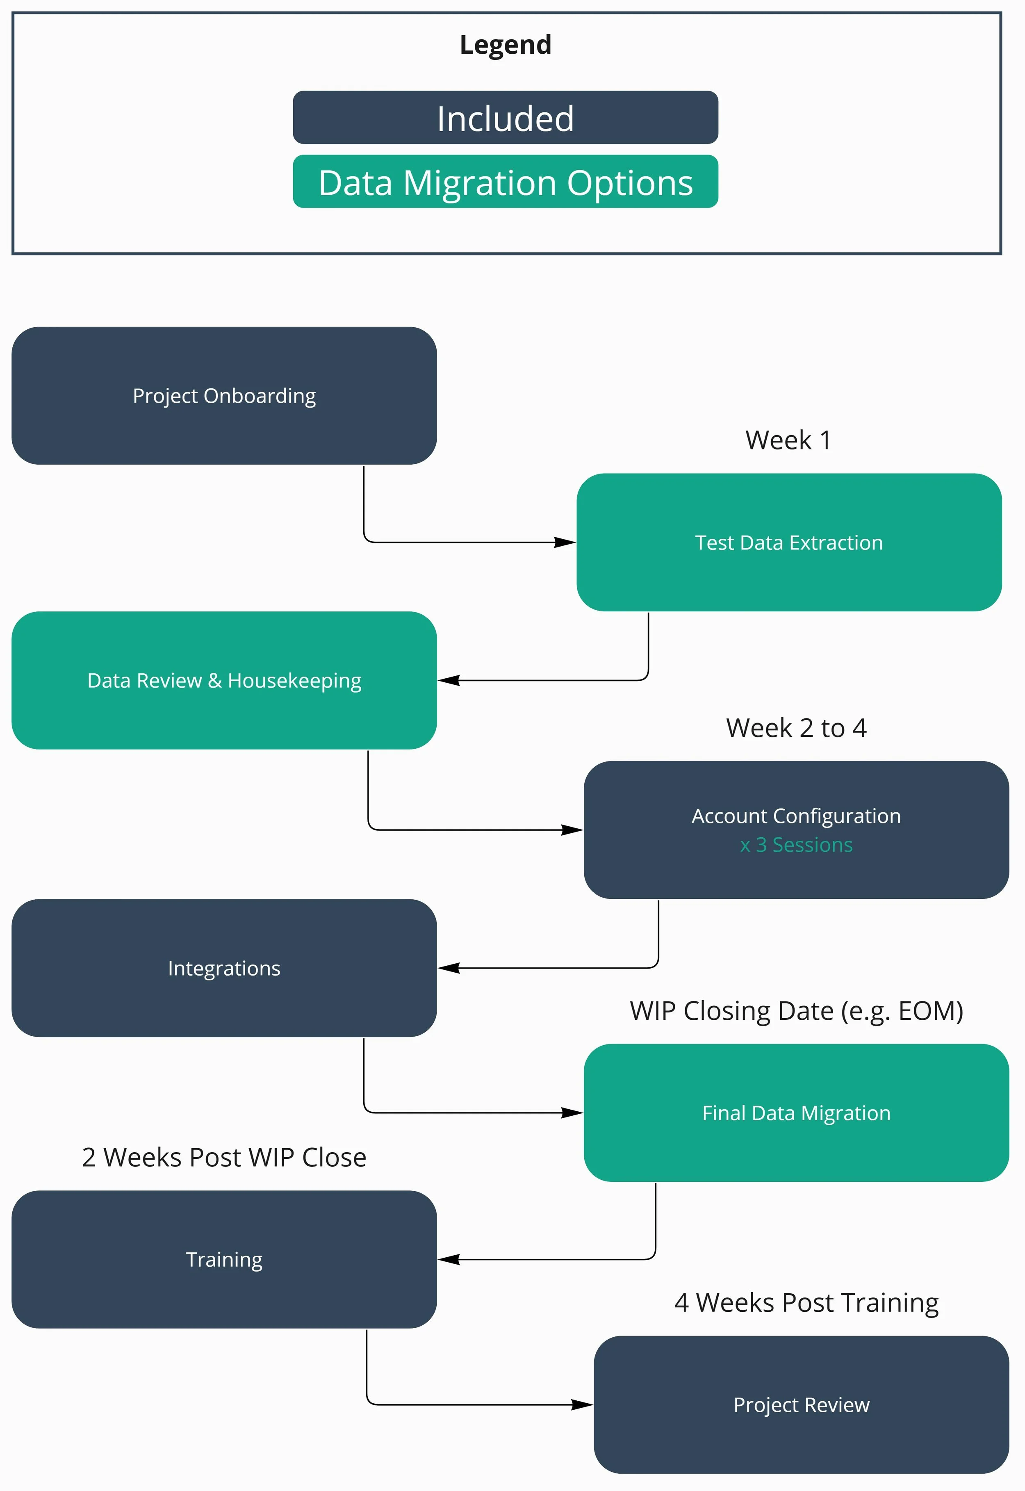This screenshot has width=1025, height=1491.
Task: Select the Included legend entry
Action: point(506,118)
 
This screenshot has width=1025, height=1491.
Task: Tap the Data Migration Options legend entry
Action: point(506,182)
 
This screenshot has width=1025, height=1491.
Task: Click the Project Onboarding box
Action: point(224,396)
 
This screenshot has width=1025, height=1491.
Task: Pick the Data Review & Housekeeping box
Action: point(224,680)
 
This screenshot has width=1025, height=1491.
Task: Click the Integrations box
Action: point(224,968)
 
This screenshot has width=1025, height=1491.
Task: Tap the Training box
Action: point(224,1260)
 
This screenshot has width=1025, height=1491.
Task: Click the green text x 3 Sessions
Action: point(796,845)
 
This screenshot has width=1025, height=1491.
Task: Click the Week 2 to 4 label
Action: point(796,728)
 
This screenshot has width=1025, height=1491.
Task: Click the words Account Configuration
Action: point(796,816)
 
